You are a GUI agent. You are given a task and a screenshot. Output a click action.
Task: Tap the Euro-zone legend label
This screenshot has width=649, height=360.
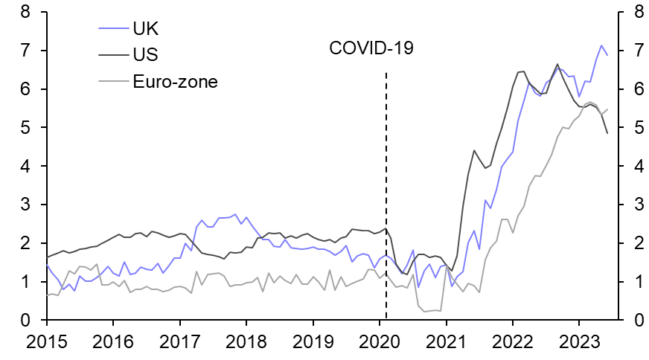(175, 81)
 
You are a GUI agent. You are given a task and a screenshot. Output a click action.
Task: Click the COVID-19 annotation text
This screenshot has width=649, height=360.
(371, 49)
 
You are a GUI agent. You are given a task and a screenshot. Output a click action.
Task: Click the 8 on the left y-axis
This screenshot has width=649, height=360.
(25, 13)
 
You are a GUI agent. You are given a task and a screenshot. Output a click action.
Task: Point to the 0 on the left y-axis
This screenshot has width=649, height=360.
(25, 321)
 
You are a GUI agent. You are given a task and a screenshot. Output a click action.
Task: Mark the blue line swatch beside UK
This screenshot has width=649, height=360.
(113, 30)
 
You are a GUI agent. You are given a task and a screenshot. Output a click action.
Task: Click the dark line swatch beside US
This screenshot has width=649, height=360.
(113, 56)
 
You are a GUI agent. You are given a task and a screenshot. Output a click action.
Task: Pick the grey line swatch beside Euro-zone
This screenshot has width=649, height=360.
(113, 82)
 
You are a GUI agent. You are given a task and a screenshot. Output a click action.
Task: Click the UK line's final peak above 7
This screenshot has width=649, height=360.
(601, 45)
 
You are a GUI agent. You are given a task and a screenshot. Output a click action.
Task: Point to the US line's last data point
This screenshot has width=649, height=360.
(607, 133)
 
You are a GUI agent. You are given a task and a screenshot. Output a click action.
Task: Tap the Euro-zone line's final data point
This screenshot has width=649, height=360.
(607, 109)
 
